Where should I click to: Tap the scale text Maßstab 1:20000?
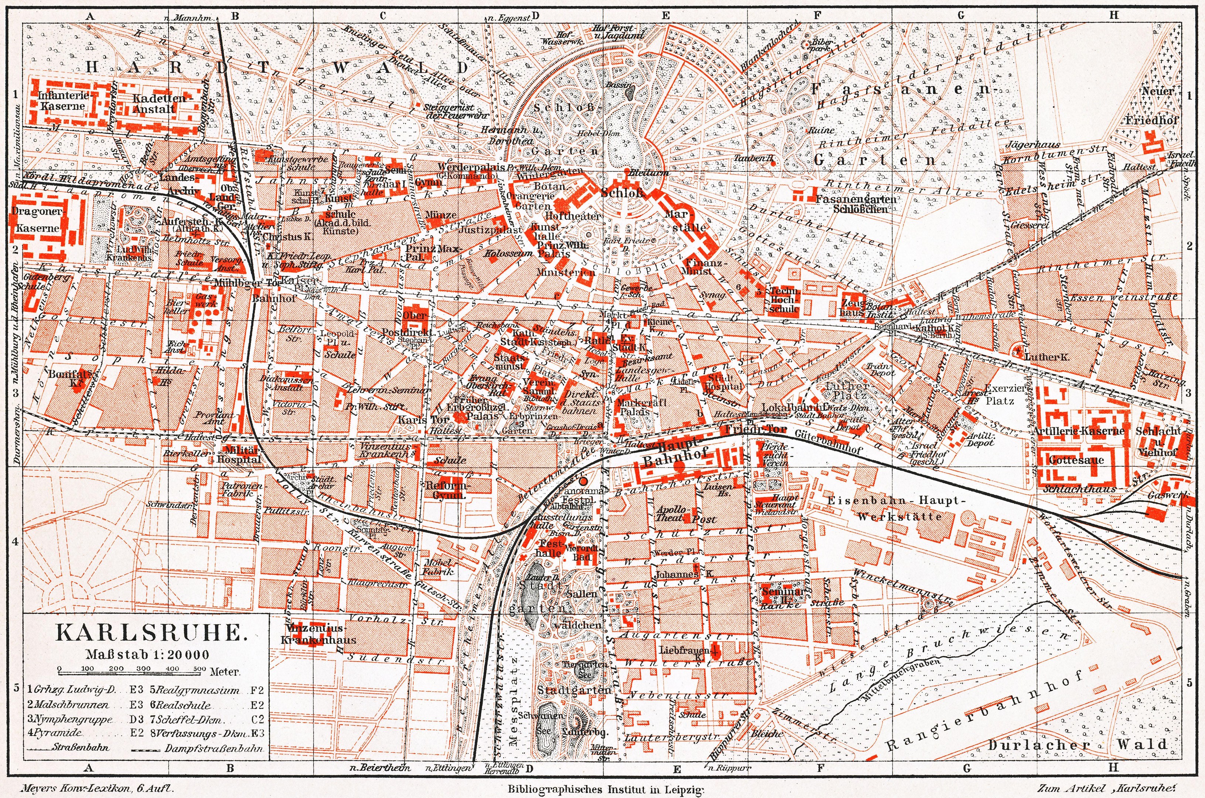point(147,654)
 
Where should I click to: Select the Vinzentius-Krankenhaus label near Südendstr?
point(319,634)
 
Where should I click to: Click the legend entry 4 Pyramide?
point(55,733)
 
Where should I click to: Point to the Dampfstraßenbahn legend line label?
point(214,748)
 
